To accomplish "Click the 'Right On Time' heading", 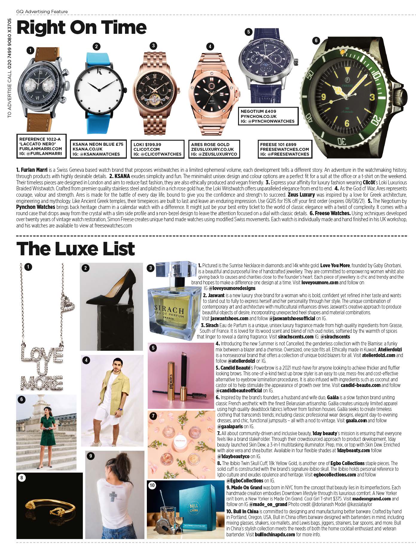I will click(81, 28).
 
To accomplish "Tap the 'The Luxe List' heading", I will click(76, 249).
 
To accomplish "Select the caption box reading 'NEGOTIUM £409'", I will click(268, 116).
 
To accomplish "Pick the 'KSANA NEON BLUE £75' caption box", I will click(98, 149).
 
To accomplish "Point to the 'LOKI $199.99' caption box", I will click(157, 149).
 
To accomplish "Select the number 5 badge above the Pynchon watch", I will click(248, 31).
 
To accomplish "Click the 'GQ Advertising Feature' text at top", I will click(42, 12).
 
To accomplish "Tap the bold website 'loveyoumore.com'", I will click(320, 282).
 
